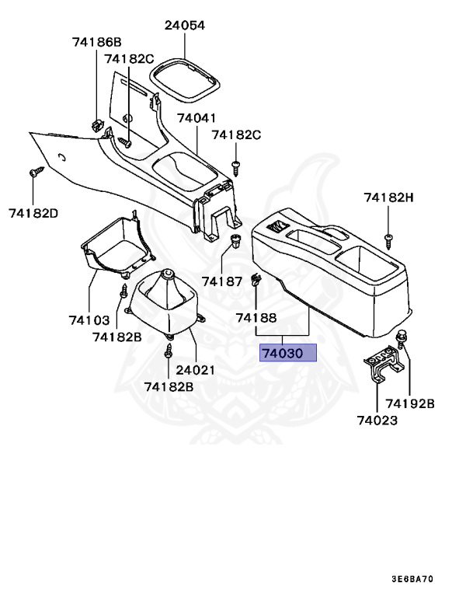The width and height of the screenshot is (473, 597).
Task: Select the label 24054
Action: (x=184, y=25)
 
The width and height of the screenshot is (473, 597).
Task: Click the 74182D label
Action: (x=33, y=212)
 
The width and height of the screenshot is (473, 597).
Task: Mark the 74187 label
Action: (x=223, y=281)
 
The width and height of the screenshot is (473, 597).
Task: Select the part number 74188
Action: (x=256, y=317)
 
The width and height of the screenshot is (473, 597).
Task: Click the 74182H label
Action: (x=388, y=197)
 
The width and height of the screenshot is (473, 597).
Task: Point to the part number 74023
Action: (x=377, y=421)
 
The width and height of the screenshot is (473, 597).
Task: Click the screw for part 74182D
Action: (x=34, y=173)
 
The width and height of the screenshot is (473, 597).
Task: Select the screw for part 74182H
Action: (x=388, y=236)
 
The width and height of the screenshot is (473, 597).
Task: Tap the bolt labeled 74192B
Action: (x=402, y=338)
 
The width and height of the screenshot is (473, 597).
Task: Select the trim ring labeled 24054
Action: (x=185, y=78)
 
